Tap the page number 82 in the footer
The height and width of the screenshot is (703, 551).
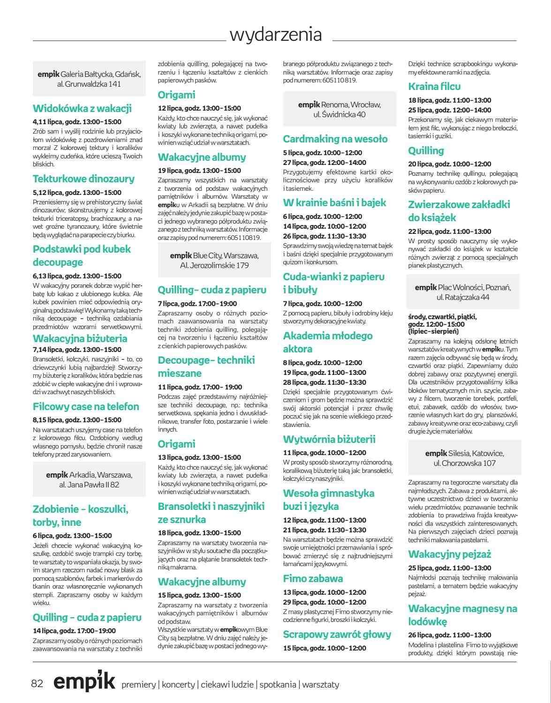click(x=37, y=684)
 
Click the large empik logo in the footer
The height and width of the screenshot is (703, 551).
click(x=84, y=682)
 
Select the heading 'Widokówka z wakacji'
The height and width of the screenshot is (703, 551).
click(x=82, y=108)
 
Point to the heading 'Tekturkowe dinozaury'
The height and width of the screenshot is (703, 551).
click(x=83, y=179)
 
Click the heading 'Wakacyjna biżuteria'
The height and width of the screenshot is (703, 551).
click(x=80, y=338)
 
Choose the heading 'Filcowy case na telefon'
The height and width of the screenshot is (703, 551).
click(x=86, y=406)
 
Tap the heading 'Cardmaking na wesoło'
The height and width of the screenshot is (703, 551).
click(x=335, y=139)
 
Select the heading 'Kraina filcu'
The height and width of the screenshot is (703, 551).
click(x=434, y=86)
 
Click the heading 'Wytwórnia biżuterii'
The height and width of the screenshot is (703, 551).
click(x=336, y=439)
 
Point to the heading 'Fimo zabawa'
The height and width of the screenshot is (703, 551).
click(x=313, y=578)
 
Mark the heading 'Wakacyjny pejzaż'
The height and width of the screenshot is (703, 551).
click(x=449, y=554)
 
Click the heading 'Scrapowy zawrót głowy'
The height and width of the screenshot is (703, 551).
click(x=337, y=635)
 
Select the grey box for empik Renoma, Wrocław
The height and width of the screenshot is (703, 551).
click(x=340, y=109)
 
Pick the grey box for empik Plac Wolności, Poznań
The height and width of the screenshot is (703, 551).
click(x=463, y=292)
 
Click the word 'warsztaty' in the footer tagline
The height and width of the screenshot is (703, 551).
click(x=321, y=685)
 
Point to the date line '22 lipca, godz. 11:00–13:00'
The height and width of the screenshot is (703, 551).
click(x=450, y=231)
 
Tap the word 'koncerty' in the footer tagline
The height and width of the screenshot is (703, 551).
click(x=178, y=685)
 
